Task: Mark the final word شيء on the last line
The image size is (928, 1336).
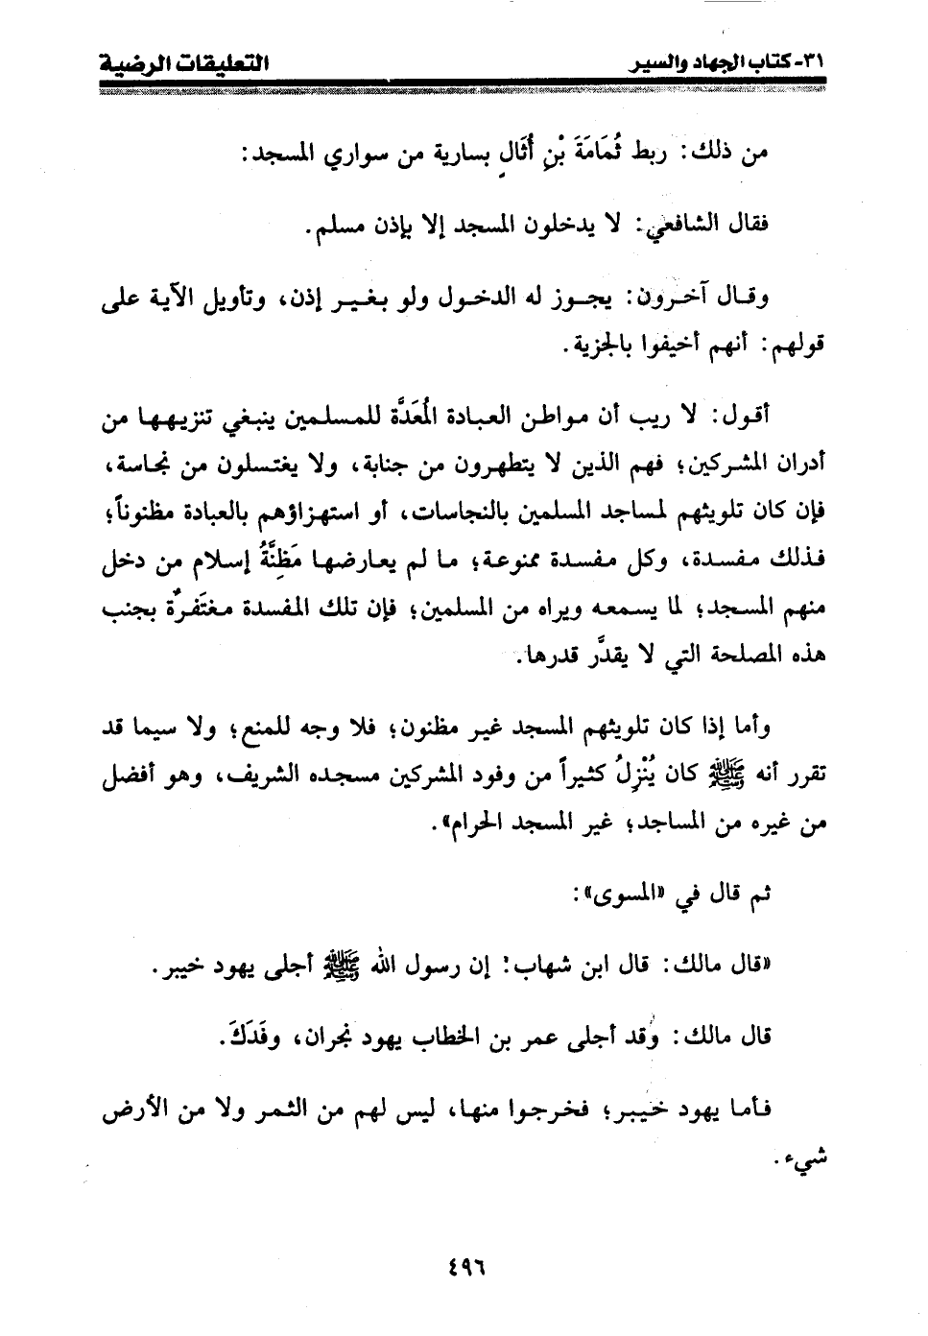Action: [807, 1159]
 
